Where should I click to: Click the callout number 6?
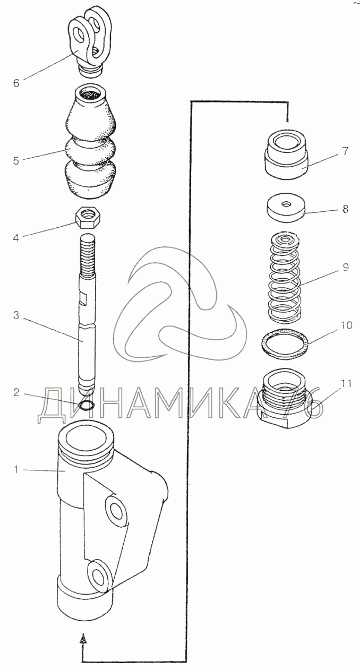16,83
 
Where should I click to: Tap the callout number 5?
16,161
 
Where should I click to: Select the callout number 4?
16,238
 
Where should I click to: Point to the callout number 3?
16,315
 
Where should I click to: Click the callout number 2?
16,393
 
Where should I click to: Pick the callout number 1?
16,470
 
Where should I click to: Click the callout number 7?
345,151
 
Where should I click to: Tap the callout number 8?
345,209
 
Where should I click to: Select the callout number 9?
346,267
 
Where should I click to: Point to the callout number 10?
346,325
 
